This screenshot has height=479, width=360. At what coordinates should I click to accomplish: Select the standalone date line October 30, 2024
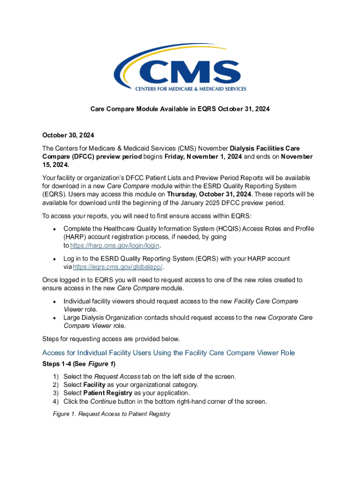pyautogui.click(x=68, y=135)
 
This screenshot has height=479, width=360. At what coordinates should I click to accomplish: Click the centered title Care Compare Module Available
pyautogui.click(x=180, y=109)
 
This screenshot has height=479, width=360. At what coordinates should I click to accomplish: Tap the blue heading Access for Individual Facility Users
pyautogui.click(x=168, y=353)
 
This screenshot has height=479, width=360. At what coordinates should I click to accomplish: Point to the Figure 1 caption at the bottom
pyautogui.click(x=111, y=414)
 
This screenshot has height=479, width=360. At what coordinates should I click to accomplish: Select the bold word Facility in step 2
pyautogui.click(x=94, y=385)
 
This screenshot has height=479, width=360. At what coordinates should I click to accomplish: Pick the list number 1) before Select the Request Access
pyautogui.click(x=56, y=376)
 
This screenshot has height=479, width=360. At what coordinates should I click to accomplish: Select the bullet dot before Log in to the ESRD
pyautogui.click(x=55, y=259)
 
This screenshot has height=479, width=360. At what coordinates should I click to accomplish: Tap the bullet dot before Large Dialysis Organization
pyautogui.click(x=55, y=318)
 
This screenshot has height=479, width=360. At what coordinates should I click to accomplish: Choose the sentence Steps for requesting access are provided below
pyautogui.click(x=111, y=339)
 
